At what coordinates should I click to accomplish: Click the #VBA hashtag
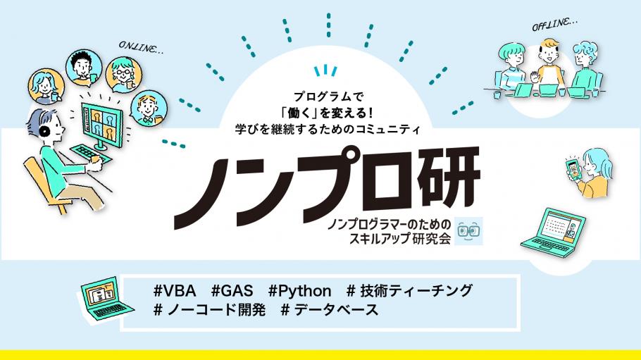point(174,291)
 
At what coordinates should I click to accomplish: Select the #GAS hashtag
point(232,291)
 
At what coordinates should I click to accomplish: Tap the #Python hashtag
point(299,291)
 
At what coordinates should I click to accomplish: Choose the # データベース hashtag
point(330,310)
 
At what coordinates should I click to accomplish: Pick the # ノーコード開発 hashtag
point(210,310)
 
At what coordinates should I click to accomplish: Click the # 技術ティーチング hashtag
point(410,291)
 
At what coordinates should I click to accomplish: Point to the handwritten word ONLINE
point(141,47)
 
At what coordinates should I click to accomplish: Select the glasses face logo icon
point(468,231)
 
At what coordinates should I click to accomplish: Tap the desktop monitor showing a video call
point(102,125)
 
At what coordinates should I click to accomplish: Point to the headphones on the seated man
point(44,130)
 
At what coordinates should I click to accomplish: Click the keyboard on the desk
point(90,154)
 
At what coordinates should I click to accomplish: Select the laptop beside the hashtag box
point(106,299)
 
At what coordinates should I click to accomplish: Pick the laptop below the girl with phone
point(553,232)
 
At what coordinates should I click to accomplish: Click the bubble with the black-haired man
point(84,68)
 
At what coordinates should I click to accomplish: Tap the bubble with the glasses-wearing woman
point(124,75)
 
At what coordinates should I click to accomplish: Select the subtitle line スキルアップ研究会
point(399,239)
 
